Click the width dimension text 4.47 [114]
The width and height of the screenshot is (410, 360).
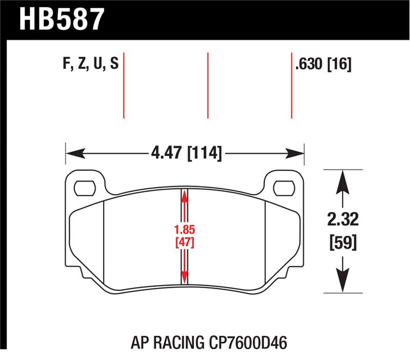tap(186, 153)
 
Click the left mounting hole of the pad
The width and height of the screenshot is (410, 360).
tap(85, 188)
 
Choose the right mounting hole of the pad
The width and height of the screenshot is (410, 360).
tap(284, 188)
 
